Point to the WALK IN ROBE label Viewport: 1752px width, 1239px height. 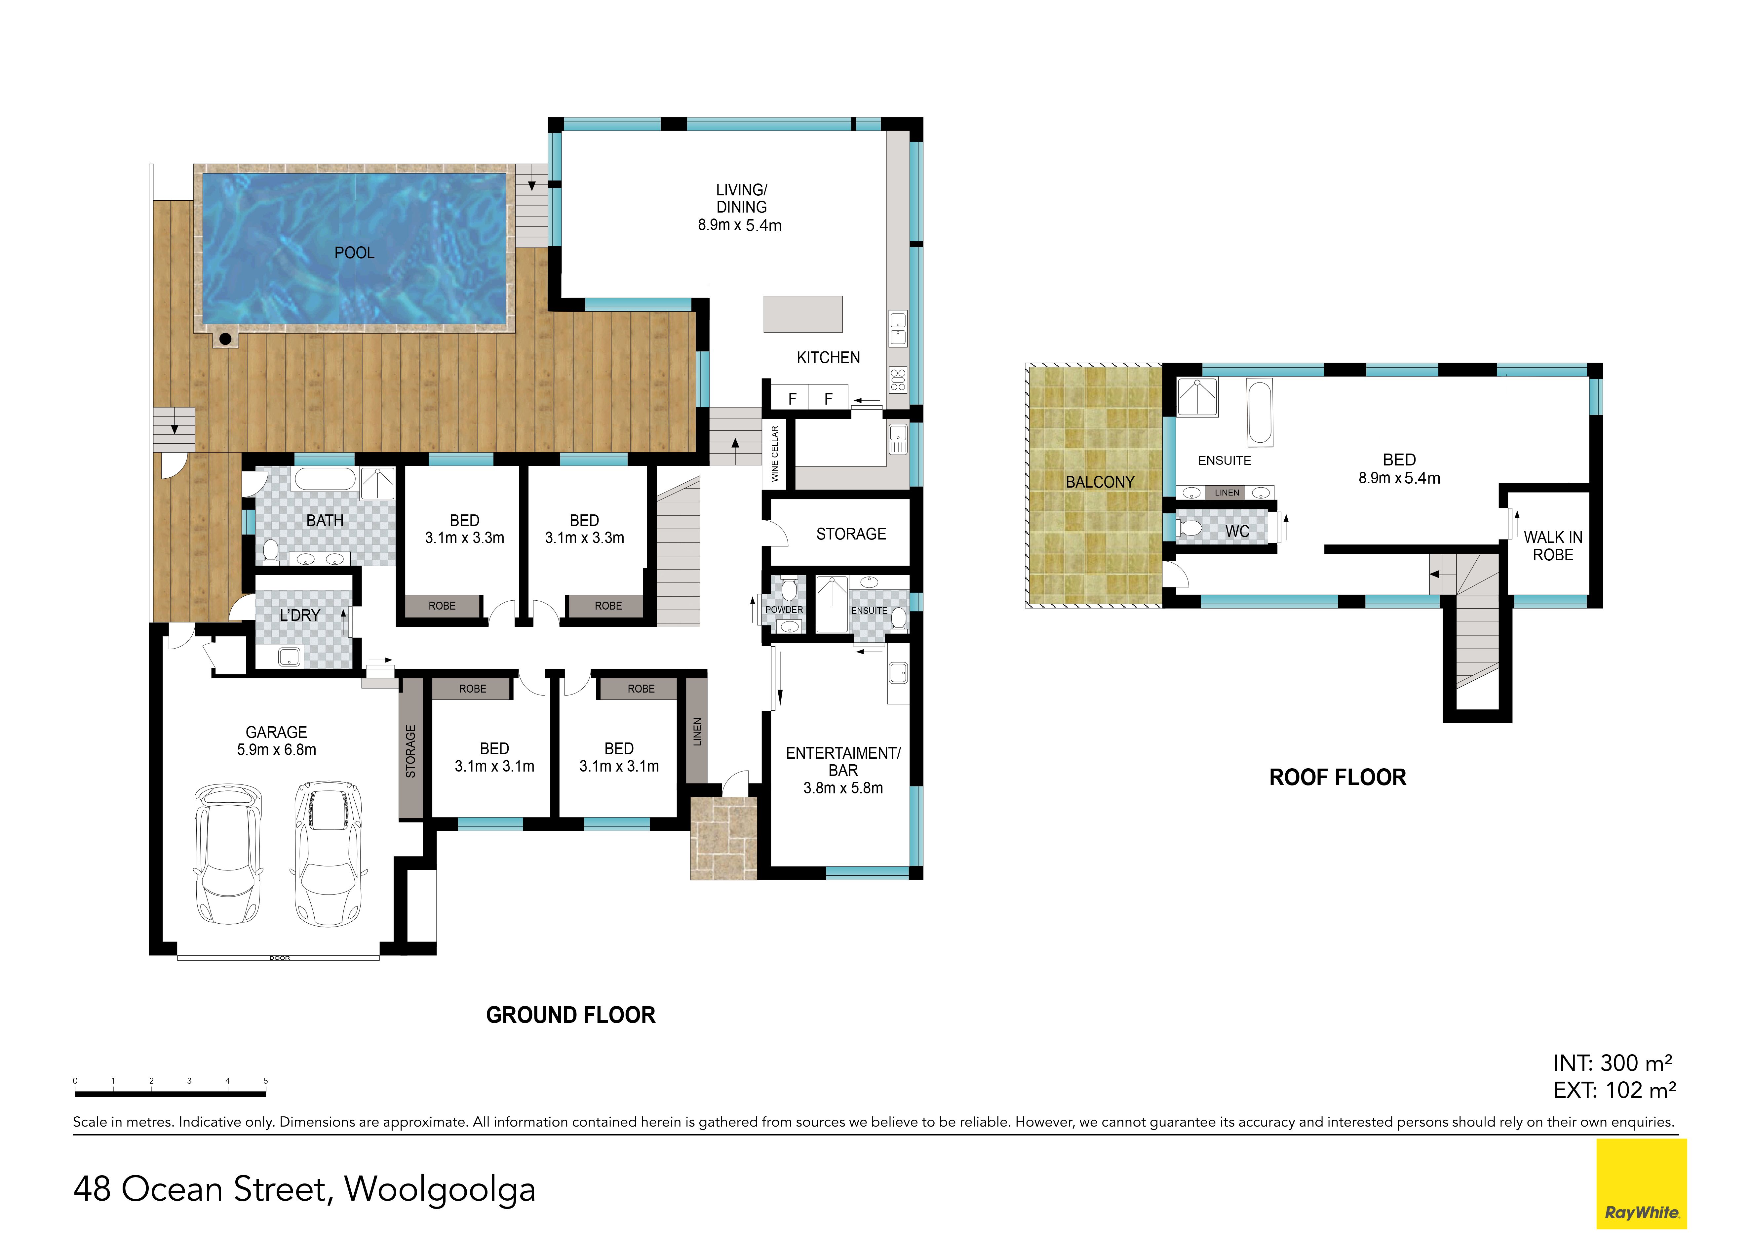coord(1553,546)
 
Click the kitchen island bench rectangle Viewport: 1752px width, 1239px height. coord(803,314)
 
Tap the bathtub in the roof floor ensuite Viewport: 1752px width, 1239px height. coord(1260,412)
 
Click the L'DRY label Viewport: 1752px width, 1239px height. coord(300,615)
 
